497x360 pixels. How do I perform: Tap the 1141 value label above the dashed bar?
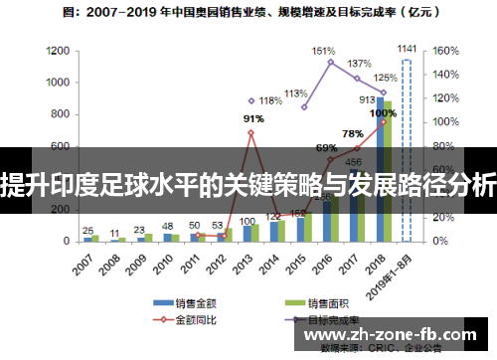[x=407, y=48]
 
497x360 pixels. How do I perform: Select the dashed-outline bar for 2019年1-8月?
[x=407, y=149]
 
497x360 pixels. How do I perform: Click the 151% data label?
[x=323, y=51]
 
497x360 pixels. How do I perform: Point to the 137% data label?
[x=359, y=64]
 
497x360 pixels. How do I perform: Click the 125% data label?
[x=385, y=78]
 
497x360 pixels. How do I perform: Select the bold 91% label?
[x=253, y=119]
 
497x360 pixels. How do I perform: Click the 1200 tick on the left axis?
[x=57, y=51]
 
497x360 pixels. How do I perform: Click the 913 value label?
[x=367, y=99]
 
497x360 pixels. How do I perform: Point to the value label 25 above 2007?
[x=88, y=229]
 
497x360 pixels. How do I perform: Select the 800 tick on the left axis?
[x=60, y=114]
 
